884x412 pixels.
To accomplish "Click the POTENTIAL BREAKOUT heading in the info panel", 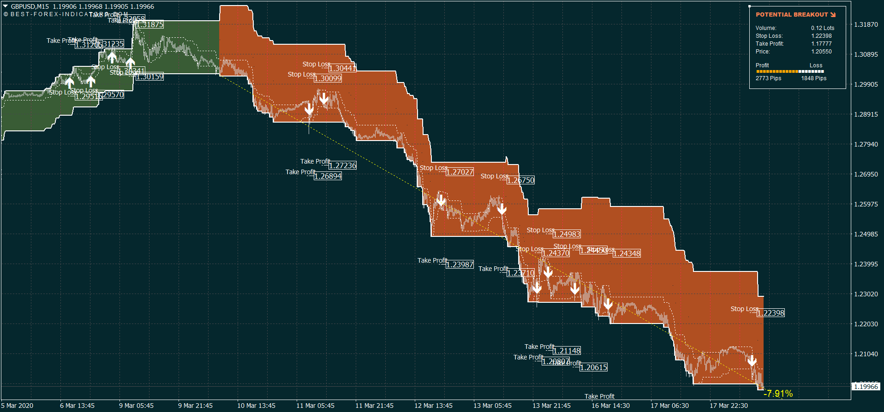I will point(792,15).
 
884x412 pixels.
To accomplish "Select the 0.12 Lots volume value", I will point(823,28).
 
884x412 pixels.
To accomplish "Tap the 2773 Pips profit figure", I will point(768,78).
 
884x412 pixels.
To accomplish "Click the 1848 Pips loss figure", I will point(813,78).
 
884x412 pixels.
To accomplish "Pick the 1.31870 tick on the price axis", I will point(866,24).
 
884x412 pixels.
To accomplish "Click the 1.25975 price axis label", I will point(866,204).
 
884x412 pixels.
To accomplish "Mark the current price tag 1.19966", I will point(866,387).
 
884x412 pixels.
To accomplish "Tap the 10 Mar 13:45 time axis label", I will point(256,406).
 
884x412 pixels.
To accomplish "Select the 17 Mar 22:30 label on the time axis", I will point(729,406).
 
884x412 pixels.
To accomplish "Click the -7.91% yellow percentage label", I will point(778,394).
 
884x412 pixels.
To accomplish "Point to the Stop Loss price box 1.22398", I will point(771,313).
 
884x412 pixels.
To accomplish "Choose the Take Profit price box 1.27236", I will point(342,165).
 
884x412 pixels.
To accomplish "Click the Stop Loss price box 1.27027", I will point(460,172).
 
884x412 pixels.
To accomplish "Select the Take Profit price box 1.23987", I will point(460,265).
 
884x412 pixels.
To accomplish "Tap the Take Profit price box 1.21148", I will point(567,351).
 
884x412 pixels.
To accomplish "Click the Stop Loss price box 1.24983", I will point(567,234).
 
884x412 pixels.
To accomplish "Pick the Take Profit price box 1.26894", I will point(328,176).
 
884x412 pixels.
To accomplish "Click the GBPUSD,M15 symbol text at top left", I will point(30,6).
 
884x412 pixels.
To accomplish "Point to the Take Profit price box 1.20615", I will point(593,367).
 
